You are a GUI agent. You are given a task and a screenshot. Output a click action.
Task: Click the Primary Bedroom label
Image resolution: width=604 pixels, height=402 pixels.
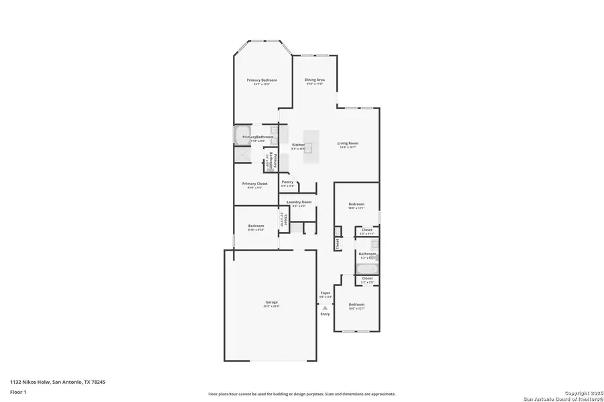[262, 80]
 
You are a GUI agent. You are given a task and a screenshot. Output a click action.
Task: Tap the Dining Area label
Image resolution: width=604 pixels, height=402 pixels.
[315, 80]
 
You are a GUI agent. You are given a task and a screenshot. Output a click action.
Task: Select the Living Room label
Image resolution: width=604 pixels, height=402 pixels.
[348, 143]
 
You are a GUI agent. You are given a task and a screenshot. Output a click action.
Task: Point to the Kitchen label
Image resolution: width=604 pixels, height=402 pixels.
[298, 145]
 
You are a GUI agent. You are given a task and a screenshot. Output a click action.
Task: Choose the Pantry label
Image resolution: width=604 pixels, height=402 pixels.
[287, 182]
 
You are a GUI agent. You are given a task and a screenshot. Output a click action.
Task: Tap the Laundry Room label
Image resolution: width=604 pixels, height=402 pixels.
[299, 202]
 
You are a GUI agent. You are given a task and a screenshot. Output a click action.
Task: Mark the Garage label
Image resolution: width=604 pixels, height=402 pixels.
[271, 302]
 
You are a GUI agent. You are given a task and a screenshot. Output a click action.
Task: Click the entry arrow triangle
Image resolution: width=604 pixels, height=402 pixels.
[325, 308]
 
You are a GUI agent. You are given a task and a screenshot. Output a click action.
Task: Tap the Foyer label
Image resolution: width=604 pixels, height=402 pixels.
[325, 293]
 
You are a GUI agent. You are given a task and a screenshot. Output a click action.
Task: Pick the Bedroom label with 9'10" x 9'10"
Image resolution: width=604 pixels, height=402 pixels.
[256, 226]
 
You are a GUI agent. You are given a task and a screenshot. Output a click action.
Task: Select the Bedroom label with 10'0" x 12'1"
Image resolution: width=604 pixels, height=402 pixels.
[356, 204]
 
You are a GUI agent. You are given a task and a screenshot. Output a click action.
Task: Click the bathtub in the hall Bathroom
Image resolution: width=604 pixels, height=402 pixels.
[366, 269]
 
